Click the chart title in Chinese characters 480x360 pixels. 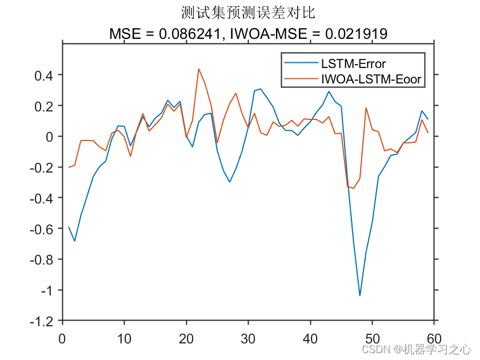248,12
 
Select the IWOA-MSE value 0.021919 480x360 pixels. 356,34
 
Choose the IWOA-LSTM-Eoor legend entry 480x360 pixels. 371,79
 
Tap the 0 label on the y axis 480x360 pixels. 50,137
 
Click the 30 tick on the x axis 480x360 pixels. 249,338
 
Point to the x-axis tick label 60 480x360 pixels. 435,338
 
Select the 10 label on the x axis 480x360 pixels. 125,338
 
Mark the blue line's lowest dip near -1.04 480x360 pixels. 360,295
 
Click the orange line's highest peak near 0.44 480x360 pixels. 199,69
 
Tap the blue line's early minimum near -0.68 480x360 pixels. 75,241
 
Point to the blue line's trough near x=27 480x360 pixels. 230,182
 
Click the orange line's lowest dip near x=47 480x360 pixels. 354,188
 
